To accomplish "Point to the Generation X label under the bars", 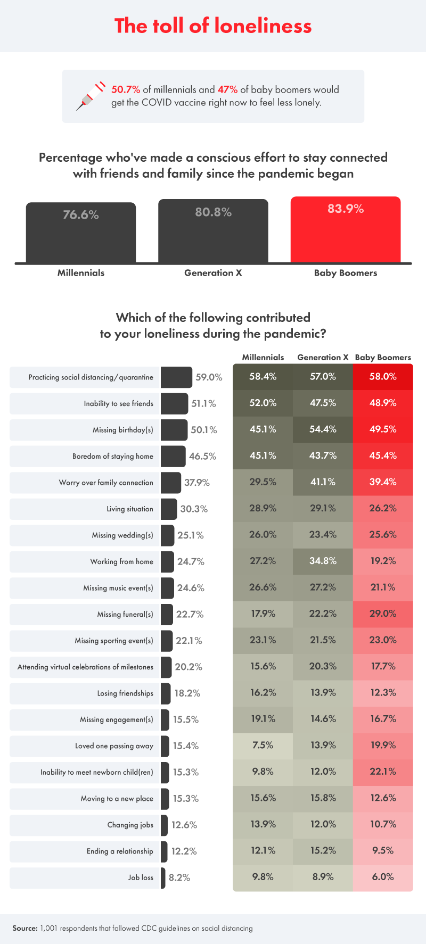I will (213, 273).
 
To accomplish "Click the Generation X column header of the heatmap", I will (323, 358).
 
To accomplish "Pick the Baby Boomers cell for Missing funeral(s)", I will (383, 614).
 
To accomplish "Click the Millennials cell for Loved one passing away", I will (263, 745).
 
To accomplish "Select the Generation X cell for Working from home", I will (323, 561).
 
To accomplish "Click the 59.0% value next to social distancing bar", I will (209, 377).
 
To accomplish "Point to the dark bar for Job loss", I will (163, 877).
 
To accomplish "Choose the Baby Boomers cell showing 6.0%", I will (383, 877).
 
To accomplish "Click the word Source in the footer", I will (24, 928).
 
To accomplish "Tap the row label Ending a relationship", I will (120, 851).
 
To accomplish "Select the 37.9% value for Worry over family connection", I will (197, 483).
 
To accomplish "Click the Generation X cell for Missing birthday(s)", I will (323, 429).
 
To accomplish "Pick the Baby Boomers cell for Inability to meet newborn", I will (383, 772).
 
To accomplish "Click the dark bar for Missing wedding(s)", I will (167, 535).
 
